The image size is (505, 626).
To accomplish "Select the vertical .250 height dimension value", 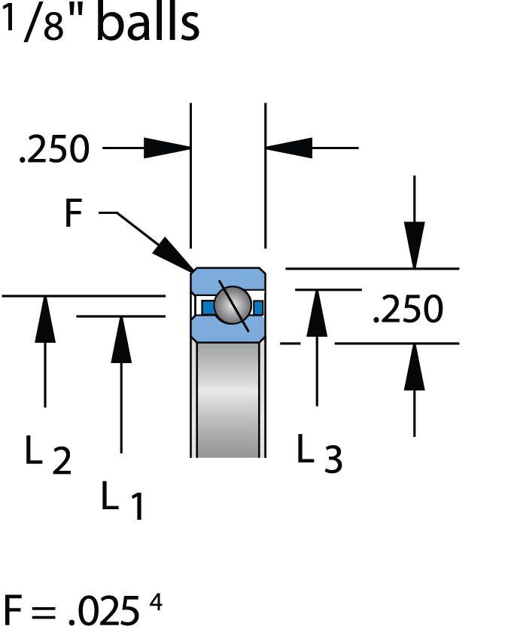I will (409, 309).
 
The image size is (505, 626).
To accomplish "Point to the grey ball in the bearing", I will (232, 305).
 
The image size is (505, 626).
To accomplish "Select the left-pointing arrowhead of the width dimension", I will (289, 148).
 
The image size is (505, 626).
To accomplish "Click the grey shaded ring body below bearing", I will (227, 399).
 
